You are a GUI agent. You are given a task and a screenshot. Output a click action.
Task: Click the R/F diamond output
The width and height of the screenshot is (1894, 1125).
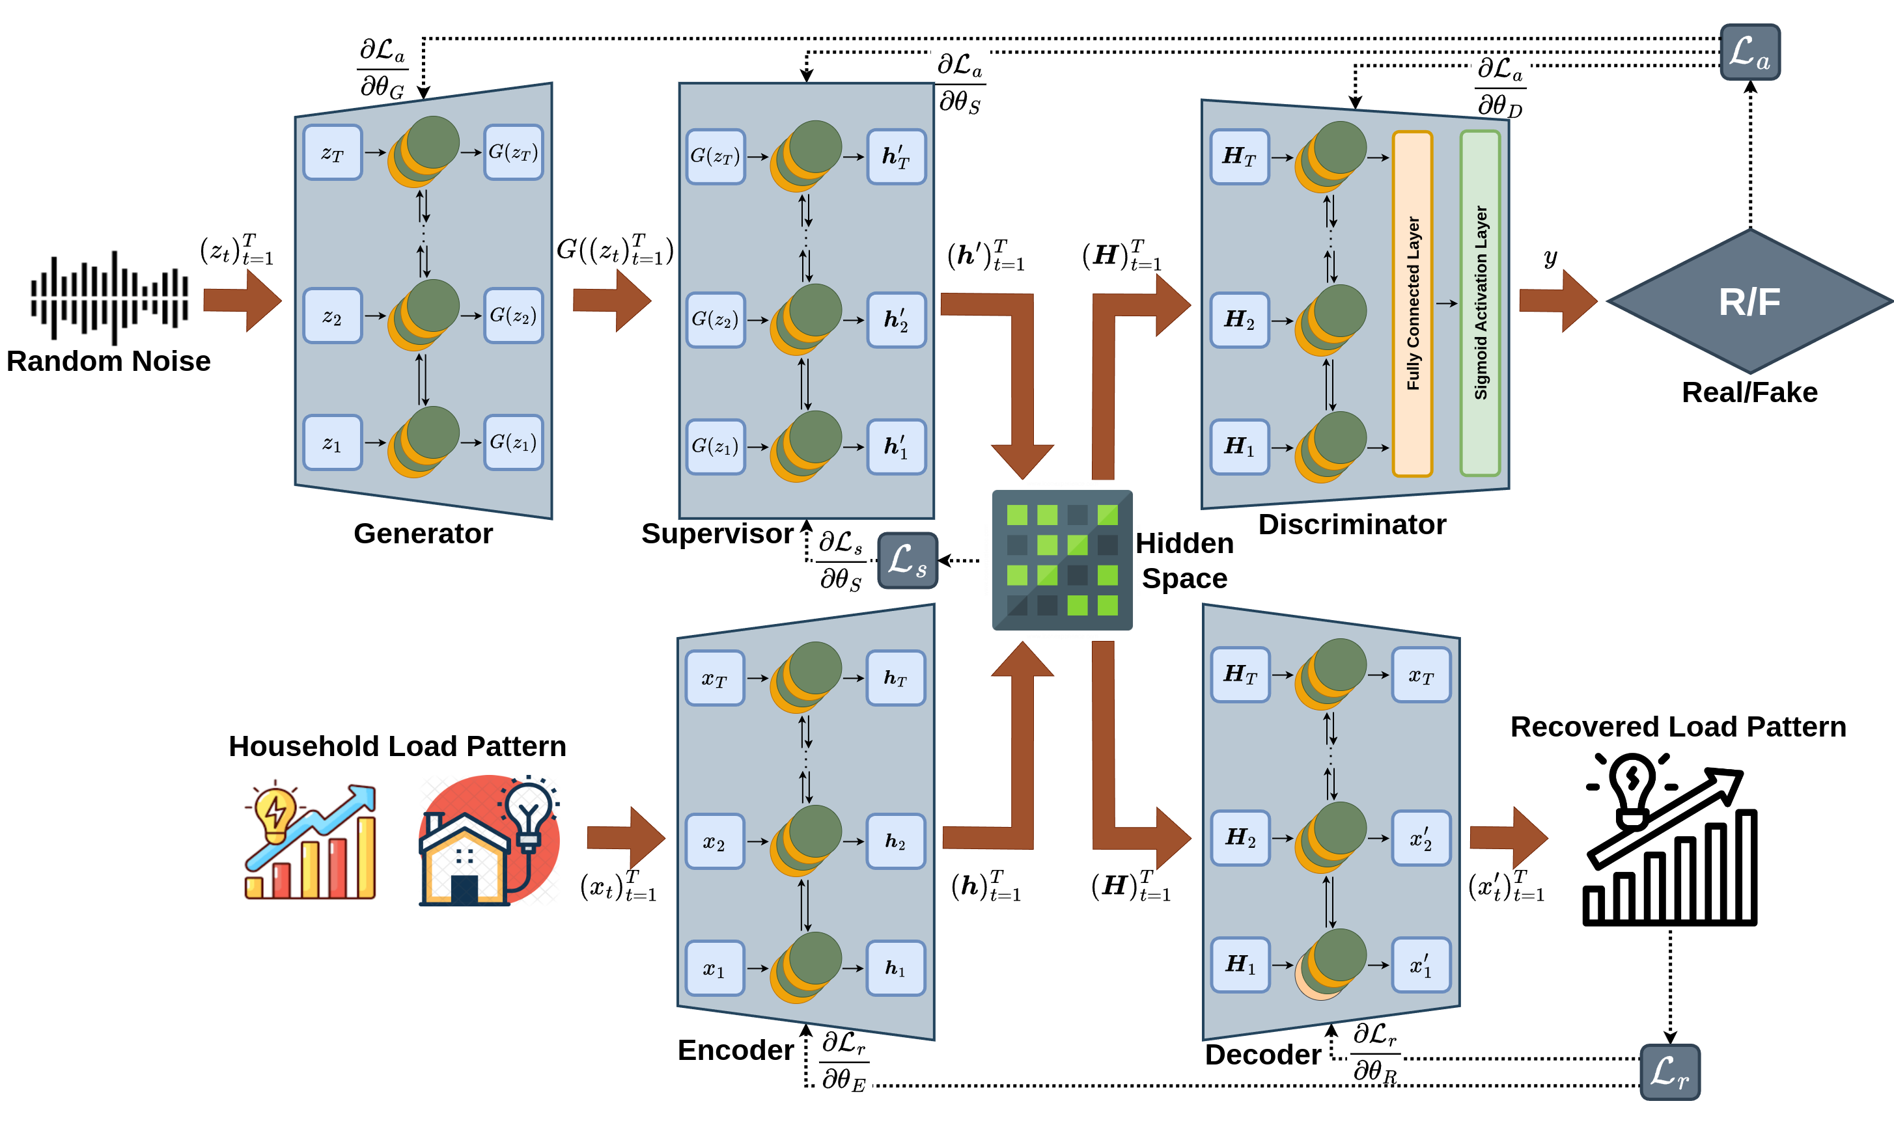tap(1749, 302)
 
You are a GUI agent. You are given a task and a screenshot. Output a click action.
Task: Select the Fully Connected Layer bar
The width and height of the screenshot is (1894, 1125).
tap(1412, 303)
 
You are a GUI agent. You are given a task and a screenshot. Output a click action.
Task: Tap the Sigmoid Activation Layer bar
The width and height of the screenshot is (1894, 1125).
tap(1480, 303)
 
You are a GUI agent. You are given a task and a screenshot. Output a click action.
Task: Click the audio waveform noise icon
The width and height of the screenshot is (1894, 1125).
tap(109, 297)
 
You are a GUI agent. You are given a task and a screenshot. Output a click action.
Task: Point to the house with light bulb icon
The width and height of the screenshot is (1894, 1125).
tap(489, 839)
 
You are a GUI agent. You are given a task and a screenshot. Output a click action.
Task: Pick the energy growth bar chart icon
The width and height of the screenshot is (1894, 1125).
tap(310, 839)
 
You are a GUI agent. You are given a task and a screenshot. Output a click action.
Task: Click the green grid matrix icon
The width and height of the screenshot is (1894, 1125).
tap(1062, 560)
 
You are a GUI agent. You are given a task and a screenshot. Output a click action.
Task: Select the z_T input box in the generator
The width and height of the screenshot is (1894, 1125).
tap(332, 152)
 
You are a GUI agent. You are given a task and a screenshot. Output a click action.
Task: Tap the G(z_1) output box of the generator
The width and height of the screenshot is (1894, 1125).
tap(514, 442)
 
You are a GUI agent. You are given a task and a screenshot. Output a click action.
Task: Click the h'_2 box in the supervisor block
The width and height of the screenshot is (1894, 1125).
tap(896, 320)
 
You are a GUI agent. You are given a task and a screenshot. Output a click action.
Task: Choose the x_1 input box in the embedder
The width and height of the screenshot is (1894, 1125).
tap(714, 968)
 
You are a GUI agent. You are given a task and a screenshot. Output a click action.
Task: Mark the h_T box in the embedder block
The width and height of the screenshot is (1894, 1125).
tap(896, 678)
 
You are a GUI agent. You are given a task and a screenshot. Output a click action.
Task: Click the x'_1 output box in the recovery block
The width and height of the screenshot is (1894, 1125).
tap(1421, 965)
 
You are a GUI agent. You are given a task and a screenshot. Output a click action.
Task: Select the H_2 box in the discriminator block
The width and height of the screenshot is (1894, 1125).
tap(1240, 320)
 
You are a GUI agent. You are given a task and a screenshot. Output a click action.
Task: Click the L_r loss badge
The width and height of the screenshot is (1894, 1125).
tap(1669, 1072)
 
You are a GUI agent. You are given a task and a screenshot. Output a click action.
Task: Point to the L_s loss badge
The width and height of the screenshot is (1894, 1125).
tap(907, 561)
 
